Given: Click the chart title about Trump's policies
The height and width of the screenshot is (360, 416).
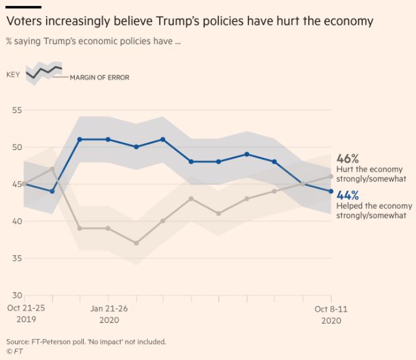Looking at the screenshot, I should [190, 21].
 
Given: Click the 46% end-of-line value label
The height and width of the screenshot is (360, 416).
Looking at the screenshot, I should [348, 159].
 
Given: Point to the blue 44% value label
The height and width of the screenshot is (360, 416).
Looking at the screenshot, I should [348, 194].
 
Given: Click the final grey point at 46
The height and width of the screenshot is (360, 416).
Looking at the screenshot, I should [331, 176].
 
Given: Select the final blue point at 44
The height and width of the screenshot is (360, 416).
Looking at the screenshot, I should [331, 191].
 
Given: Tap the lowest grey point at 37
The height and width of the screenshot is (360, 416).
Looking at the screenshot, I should [136, 243].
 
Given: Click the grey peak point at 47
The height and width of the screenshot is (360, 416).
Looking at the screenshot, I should [51, 169].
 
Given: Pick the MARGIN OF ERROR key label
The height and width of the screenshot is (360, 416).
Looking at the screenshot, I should [99, 77].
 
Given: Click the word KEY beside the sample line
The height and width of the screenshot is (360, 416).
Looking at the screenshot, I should [13, 75].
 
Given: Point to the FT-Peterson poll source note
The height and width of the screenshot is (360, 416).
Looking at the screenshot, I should [86, 341].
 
